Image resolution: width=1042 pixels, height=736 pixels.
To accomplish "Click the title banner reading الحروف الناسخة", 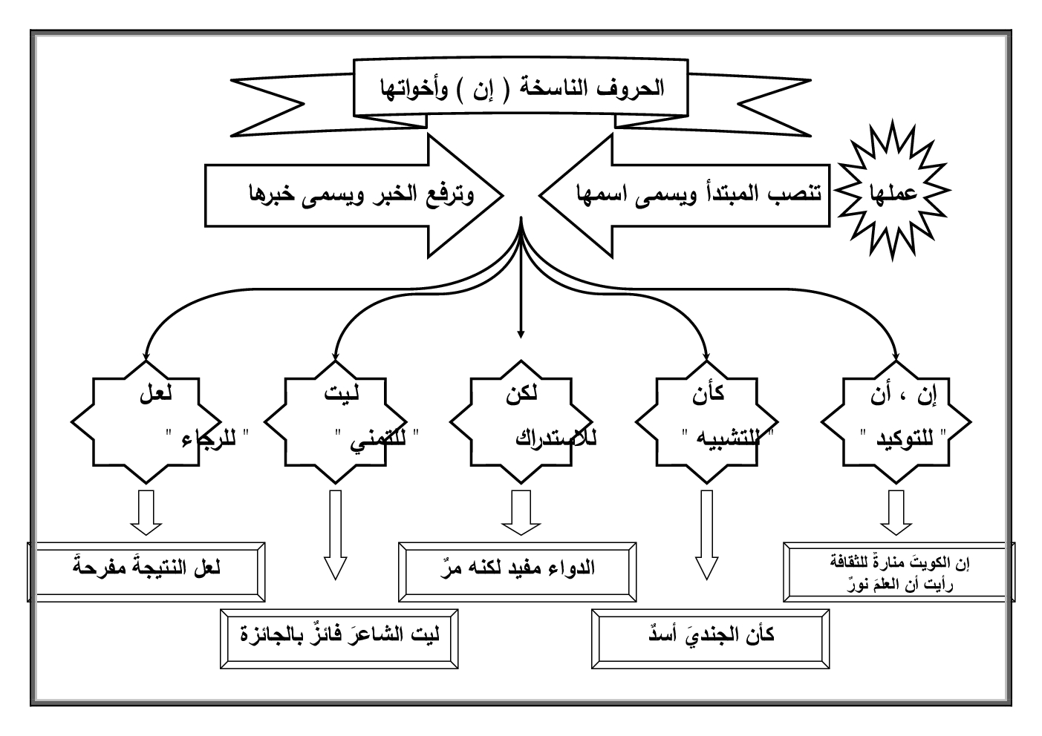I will [x=519, y=88].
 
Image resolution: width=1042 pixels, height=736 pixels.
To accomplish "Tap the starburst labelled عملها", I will [x=893, y=191].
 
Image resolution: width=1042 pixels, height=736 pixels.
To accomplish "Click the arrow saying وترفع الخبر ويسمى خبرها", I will [x=356, y=194].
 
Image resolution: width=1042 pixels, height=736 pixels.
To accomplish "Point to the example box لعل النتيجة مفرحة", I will [x=146, y=571].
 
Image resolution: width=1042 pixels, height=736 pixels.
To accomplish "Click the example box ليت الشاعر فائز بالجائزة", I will [x=339, y=637].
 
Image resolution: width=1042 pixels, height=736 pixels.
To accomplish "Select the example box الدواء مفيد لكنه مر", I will [x=518, y=571].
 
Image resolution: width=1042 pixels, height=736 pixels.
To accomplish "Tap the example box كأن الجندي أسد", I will [x=711, y=637].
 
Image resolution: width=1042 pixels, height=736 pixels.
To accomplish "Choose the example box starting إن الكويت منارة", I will [x=899, y=572].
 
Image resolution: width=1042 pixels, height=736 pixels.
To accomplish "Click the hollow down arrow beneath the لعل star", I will [x=146, y=512].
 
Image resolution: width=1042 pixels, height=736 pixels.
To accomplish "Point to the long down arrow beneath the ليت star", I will [x=335, y=534].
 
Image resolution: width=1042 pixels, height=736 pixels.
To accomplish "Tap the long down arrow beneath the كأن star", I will [x=706, y=534].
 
